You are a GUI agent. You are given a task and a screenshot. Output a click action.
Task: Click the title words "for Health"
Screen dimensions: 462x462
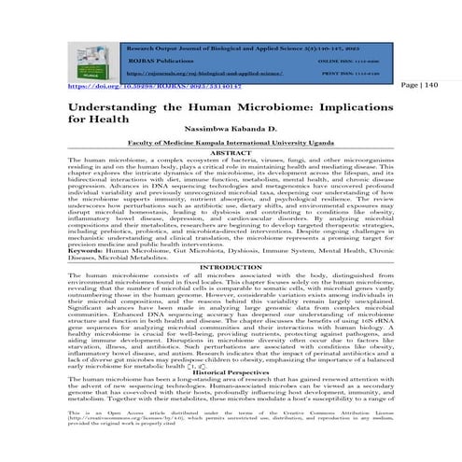tap(95, 119)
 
